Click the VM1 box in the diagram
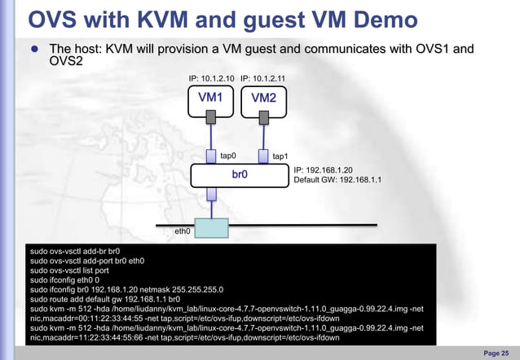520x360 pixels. (211, 98)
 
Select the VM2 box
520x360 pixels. (263, 99)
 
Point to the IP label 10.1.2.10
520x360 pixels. (211, 78)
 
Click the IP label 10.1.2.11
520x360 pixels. (263, 78)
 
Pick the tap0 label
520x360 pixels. (228, 155)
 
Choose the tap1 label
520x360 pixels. (280, 156)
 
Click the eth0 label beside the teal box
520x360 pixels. (183, 231)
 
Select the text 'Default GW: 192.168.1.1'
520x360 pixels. (337, 180)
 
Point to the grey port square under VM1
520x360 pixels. (211, 119)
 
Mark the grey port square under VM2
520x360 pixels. (263, 119)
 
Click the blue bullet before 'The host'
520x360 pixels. (35, 50)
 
